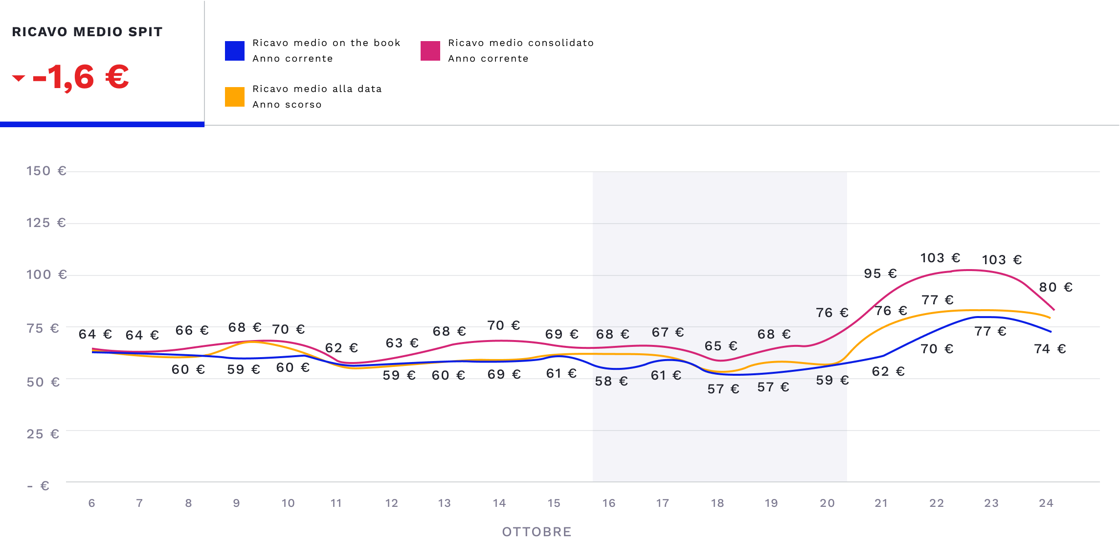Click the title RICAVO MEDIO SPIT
(87, 32)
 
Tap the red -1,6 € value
(81, 77)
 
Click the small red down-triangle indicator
(19, 78)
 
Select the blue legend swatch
(235, 51)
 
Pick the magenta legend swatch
(430, 51)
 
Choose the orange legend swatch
(235, 97)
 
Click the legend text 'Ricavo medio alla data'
(317, 89)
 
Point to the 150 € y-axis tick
(46, 171)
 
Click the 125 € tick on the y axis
(46, 223)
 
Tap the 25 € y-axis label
(43, 434)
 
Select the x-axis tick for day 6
(91, 503)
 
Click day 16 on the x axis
(608, 503)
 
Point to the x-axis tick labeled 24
(1046, 503)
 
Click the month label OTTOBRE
(537, 532)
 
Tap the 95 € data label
(880, 274)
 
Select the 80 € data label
(1055, 288)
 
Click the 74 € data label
(1050, 349)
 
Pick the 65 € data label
(721, 346)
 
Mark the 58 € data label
(611, 382)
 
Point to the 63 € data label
(402, 343)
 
